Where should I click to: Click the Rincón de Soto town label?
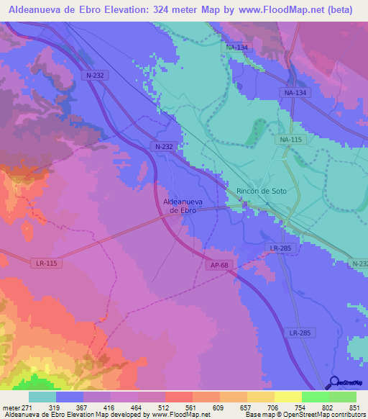(262, 191)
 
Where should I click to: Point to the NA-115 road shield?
(290, 139)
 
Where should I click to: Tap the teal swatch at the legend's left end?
(42, 397)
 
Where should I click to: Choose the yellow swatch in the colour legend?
(288, 397)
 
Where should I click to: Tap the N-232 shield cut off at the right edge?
(360, 264)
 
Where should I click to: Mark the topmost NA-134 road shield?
(236, 48)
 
